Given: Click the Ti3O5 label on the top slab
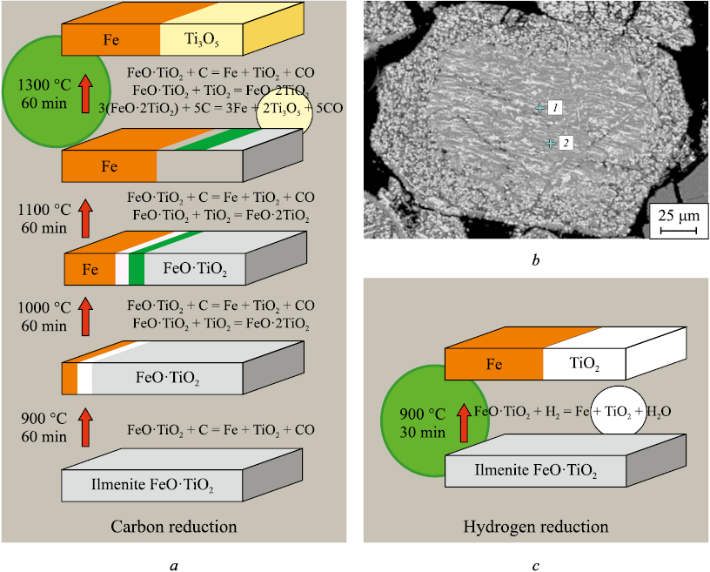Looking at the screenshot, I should pyautogui.click(x=201, y=39).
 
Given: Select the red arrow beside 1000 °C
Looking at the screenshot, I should pyautogui.click(x=85, y=314).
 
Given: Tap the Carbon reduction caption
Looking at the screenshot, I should pyautogui.click(x=174, y=527).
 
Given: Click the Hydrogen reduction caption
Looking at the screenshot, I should pyautogui.click(x=535, y=527).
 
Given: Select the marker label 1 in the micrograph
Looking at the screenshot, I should pyautogui.click(x=555, y=107).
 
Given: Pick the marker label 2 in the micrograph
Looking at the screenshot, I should pyautogui.click(x=565, y=143).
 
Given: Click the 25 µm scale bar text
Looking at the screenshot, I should pyautogui.click(x=676, y=214).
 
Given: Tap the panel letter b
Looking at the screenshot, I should pyautogui.click(x=535, y=259).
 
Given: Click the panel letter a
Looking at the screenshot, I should pyautogui.click(x=174, y=564).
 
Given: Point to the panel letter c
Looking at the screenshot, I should pyautogui.click(x=535, y=564).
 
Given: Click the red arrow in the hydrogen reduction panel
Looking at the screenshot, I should pyautogui.click(x=464, y=421).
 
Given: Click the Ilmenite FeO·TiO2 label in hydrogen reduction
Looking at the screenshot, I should pyautogui.click(x=535, y=472).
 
